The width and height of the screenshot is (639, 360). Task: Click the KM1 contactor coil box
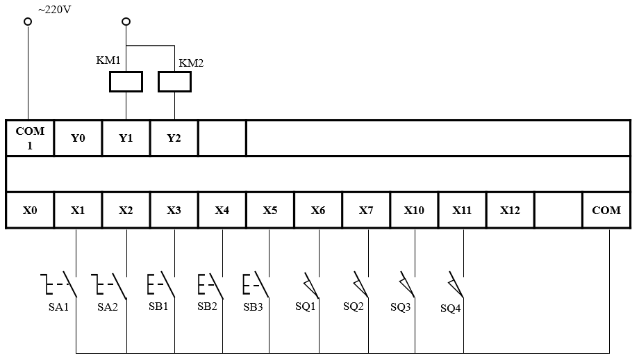(126, 83)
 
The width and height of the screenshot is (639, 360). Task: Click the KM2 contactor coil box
(174, 83)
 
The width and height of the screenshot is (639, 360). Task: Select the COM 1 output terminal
(30, 138)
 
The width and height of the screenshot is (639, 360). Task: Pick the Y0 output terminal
(78, 138)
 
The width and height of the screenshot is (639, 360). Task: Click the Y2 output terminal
(174, 138)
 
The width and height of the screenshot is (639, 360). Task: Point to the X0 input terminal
(30, 210)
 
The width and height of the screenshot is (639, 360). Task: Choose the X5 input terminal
(270, 210)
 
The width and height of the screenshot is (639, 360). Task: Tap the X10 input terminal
(414, 210)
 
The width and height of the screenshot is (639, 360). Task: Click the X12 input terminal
(510, 210)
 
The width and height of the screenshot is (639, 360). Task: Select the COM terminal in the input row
(606, 210)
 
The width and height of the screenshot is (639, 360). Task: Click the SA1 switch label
(58, 307)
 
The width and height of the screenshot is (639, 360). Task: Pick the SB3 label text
(253, 306)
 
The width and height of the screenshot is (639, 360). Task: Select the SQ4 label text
(450, 309)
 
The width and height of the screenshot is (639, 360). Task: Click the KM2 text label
(191, 63)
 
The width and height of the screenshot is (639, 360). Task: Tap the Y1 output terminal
(126, 138)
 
